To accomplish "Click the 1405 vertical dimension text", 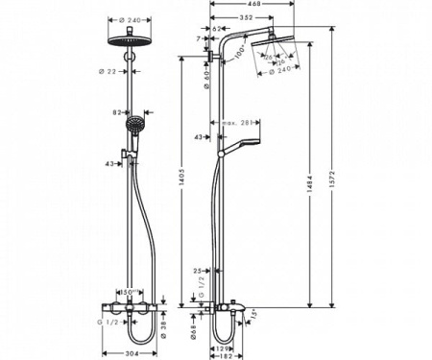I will coord(180,179).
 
